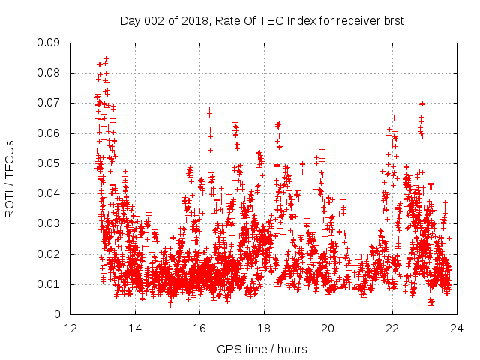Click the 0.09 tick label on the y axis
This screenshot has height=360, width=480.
pyautogui.click(x=49, y=43)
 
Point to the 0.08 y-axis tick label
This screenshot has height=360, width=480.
pyautogui.click(x=49, y=73)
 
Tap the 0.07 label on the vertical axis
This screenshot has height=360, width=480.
pyautogui.click(x=49, y=103)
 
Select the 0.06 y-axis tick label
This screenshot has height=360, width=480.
pyautogui.click(x=49, y=133)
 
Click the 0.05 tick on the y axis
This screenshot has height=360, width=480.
pyautogui.click(x=49, y=163)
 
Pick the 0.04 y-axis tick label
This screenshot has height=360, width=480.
pyautogui.click(x=49, y=193)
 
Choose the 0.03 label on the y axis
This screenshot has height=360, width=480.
pyautogui.click(x=49, y=223)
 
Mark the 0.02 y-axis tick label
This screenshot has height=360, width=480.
pyautogui.click(x=49, y=253)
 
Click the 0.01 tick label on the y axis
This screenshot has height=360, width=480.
pyautogui.click(x=49, y=283)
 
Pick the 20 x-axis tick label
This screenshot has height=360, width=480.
pyautogui.click(x=328, y=328)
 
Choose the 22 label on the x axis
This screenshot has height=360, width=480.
pyautogui.click(x=392, y=328)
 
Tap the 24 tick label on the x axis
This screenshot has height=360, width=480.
pyautogui.click(x=457, y=328)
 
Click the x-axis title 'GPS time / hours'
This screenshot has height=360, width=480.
pyautogui.click(x=262, y=349)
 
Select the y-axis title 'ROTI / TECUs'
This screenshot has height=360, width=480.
pyautogui.click(x=10, y=178)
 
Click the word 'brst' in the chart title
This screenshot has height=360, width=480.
pyautogui.click(x=393, y=21)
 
